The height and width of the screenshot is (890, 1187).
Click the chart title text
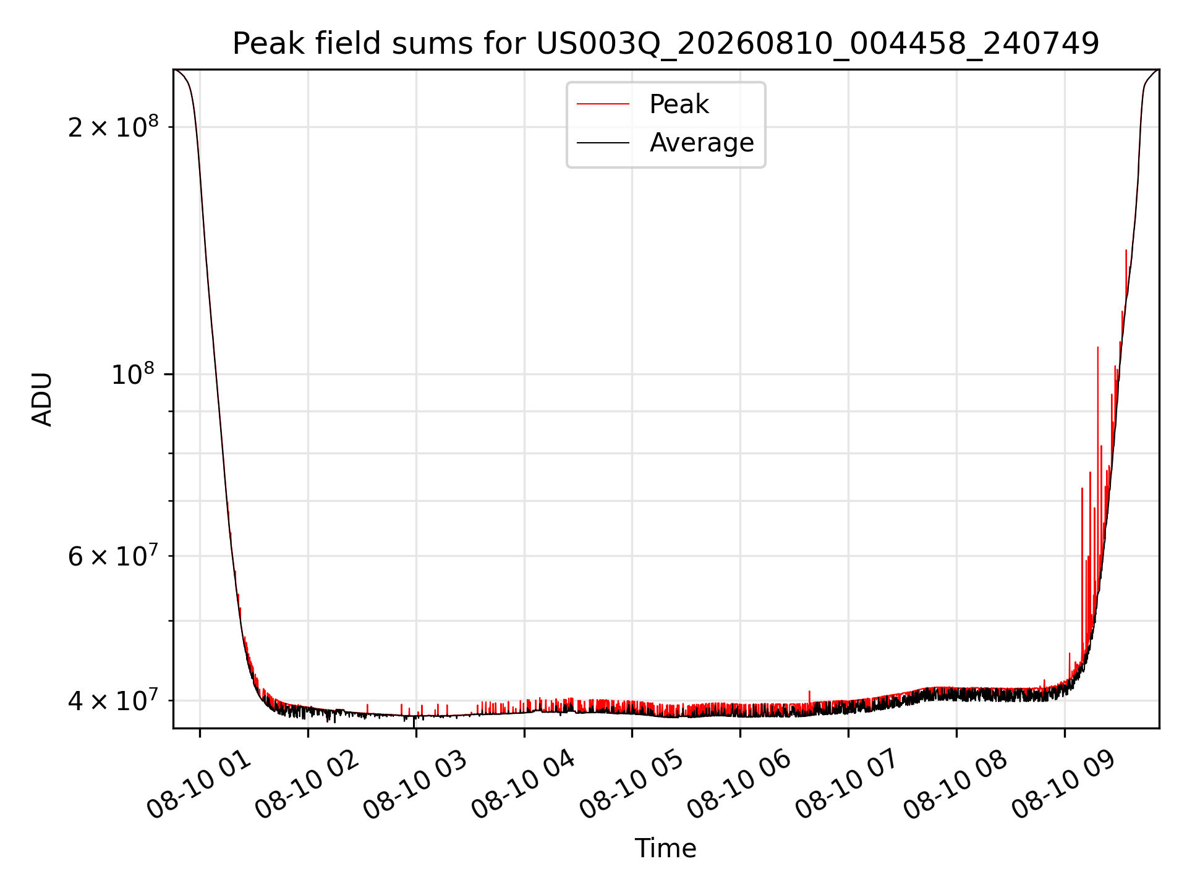coord(666,44)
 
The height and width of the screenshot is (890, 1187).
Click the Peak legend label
coord(679,104)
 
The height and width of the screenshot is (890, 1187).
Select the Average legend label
coord(702,143)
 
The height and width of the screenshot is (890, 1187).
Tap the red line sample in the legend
coord(603,104)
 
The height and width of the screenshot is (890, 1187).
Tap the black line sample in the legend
coord(603,143)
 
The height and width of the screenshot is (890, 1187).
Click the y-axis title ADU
coord(42,399)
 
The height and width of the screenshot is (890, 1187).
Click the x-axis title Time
coord(666,849)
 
